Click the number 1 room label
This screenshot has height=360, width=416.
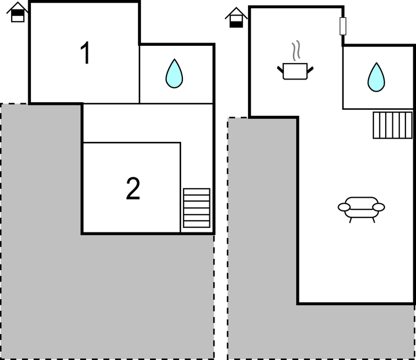(x=85, y=54)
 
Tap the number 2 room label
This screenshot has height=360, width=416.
(x=133, y=189)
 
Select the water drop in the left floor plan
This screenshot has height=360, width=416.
(x=174, y=73)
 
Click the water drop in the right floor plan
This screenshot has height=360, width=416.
(x=376, y=77)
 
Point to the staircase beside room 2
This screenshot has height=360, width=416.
(x=197, y=208)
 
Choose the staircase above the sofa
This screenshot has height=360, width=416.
(x=392, y=125)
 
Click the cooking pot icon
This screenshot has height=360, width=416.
(x=295, y=71)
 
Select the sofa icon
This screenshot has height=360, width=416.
(x=361, y=209)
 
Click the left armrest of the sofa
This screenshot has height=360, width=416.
(x=344, y=207)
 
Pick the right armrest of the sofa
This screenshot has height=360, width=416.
(x=378, y=207)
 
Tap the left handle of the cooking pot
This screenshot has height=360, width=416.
(x=280, y=68)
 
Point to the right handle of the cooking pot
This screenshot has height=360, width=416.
(x=310, y=68)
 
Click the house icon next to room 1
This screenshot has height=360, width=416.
(x=18, y=13)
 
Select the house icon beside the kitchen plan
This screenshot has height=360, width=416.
(x=236, y=18)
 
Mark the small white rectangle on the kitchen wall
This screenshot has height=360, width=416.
(x=343, y=26)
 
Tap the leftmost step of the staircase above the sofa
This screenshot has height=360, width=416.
(x=376, y=125)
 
